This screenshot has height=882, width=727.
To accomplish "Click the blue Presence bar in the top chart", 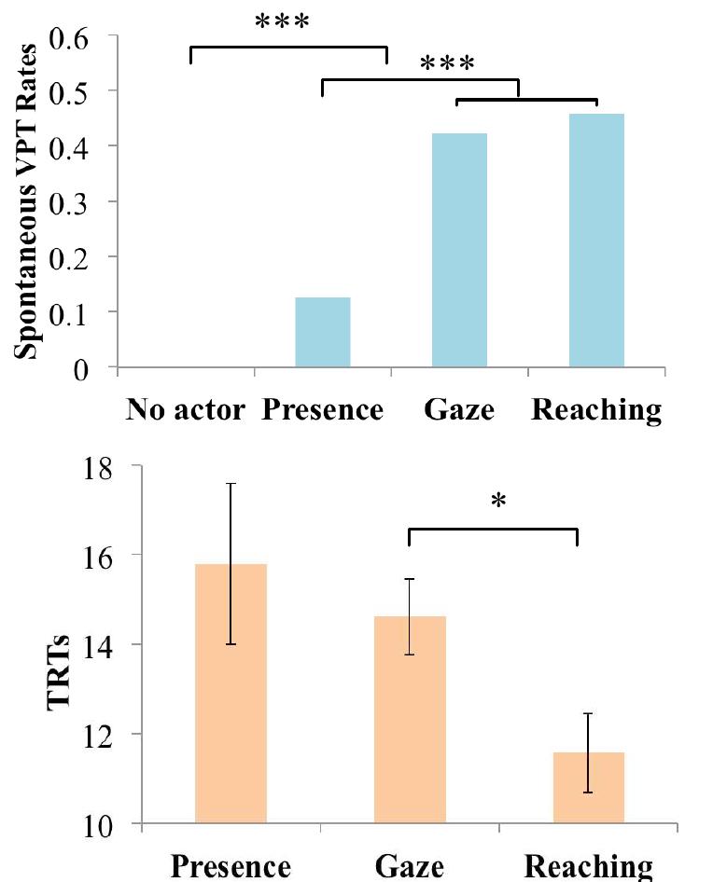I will click(322, 333).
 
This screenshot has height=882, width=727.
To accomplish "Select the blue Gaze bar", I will click(459, 251).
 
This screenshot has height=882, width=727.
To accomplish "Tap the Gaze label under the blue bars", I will click(459, 411).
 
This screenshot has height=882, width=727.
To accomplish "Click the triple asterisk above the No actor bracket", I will click(287, 21).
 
